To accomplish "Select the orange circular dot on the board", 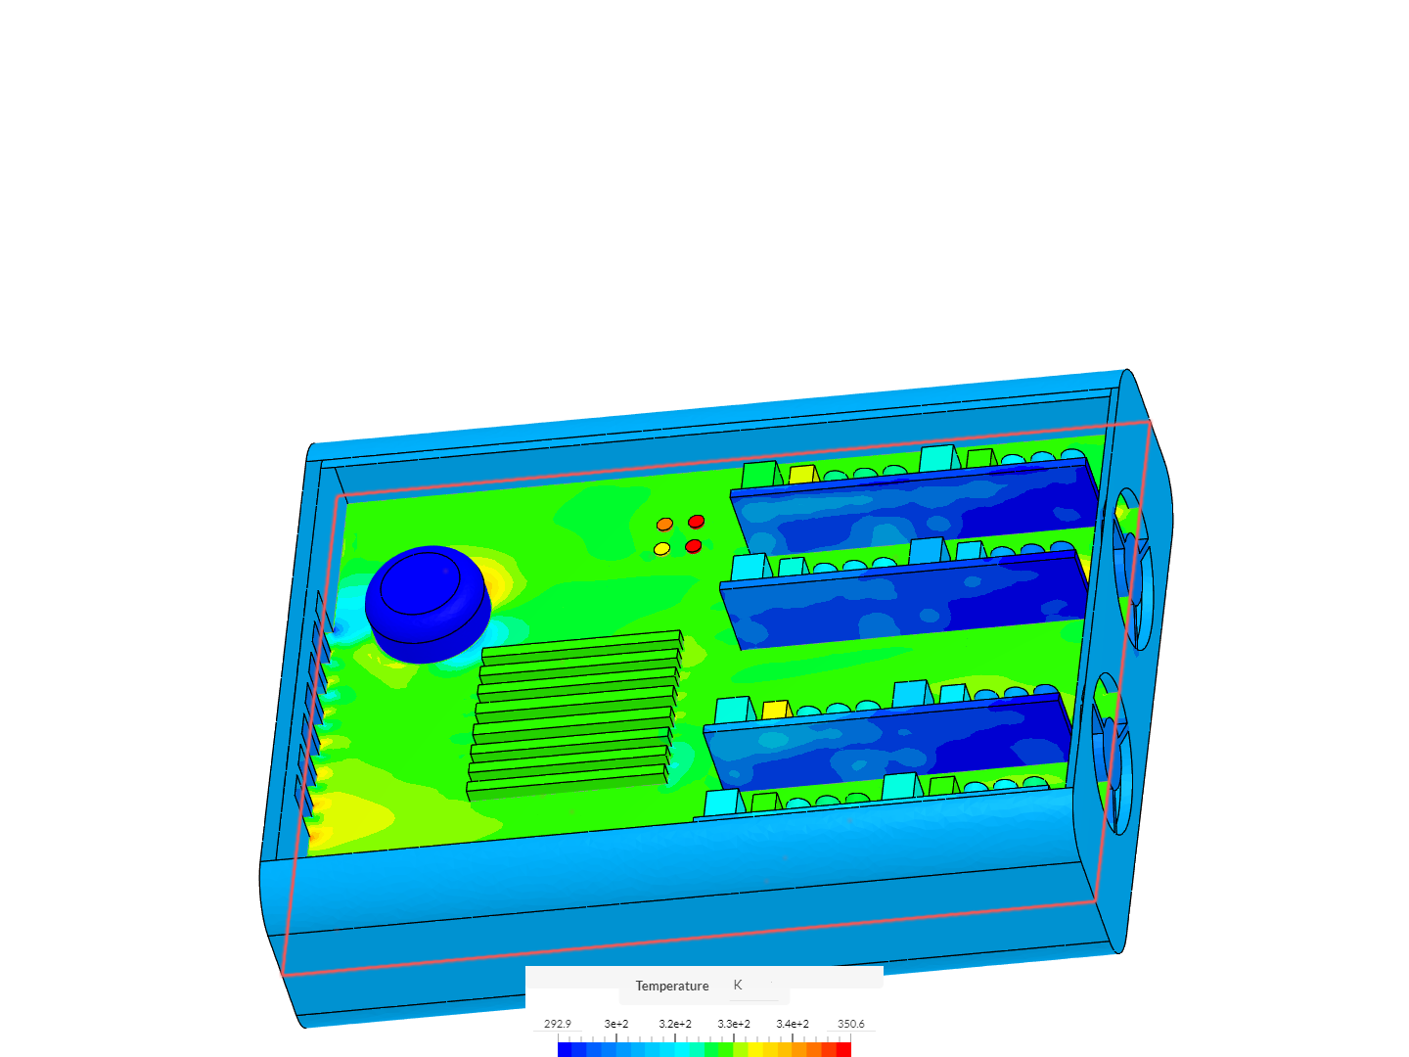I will tap(664, 525).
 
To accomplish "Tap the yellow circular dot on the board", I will tap(661, 549).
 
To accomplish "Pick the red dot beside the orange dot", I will tap(696, 522).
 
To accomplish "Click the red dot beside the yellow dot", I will tap(694, 546).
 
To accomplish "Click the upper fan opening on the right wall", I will tap(1132, 568).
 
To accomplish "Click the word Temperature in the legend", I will tap(671, 986).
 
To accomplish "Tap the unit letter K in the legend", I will tap(738, 986).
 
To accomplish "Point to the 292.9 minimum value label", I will tap(558, 1024).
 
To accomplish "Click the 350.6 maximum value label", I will tap(850, 1024).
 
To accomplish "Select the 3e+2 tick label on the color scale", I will tap(615, 1024).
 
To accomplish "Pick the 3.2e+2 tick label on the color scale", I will tap(674, 1024).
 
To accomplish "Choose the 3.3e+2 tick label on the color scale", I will tap(733, 1024).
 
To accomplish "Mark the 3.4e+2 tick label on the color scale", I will tap(792, 1024).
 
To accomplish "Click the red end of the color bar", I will tap(843, 1049).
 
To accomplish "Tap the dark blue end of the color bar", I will tap(565, 1049).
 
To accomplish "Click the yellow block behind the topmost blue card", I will tap(802, 474).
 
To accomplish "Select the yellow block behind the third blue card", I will tap(775, 710).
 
